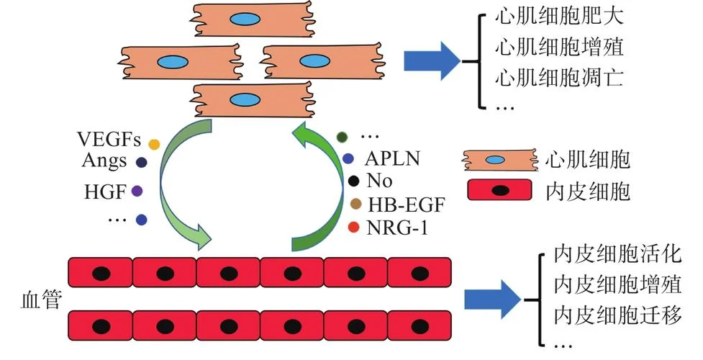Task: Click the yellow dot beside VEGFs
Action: (x=154, y=145)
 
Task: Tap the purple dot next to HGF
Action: (x=137, y=192)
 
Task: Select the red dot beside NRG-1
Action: (x=354, y=228)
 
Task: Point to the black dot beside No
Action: (x=354, y=181)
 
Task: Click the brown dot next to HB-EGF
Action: (x=355, y=204)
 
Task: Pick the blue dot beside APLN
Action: (x=348, y=158)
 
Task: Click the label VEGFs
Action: (x=109, y=139)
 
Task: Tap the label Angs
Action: (x=104, y=161)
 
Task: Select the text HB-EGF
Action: (x=407, y=205)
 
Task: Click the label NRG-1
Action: (x=397, y=228)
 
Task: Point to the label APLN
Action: (x=393, y=159)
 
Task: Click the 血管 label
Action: (x=41, y=300)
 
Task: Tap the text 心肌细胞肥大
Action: (x=560, y=17)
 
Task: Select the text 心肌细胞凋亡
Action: (x=560, y=77)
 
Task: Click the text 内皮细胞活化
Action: (x=618, y=254)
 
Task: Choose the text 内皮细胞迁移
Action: (x=618, y=315)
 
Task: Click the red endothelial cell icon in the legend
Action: (x=499, y=190)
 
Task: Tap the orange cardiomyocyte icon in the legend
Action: (x=500, y=160)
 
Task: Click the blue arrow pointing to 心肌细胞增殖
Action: (x=432, y=61)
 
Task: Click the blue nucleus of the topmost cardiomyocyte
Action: (x=245, y=19)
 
